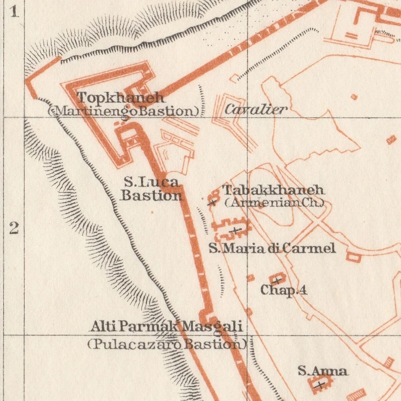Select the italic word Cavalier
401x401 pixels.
[256, 110]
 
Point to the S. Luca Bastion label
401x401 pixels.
[152, 188]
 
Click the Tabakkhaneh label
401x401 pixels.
[273, 190]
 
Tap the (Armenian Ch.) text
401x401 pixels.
[274, 203]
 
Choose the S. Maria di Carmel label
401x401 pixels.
[272, 249]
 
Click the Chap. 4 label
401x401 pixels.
[284, 290]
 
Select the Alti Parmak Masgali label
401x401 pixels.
[166, 326]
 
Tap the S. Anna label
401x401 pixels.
[322, 371]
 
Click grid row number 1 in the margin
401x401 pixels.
[15, 12]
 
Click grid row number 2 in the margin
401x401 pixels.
[14, 228]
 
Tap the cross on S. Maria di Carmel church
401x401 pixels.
[235, 230]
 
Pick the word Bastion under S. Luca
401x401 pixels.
[152, 195]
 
